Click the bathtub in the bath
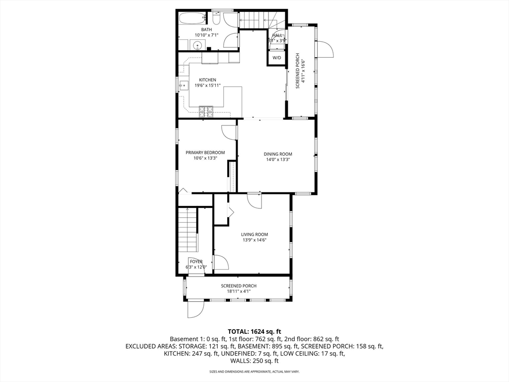point(191,19)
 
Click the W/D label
point(276,58)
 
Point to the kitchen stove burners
point(206,112)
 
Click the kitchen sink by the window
point(183,85)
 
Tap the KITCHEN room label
point(207,80)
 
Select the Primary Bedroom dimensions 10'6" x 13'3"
point(205,159)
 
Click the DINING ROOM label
point(277,154)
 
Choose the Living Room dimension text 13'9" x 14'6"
point(254,240)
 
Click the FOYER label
point(196,261)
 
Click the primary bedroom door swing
point(229,132)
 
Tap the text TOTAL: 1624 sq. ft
point(254,331)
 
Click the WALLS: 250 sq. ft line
point(254,361)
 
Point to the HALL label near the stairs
point(277,35)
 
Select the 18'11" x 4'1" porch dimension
point(239,292)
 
